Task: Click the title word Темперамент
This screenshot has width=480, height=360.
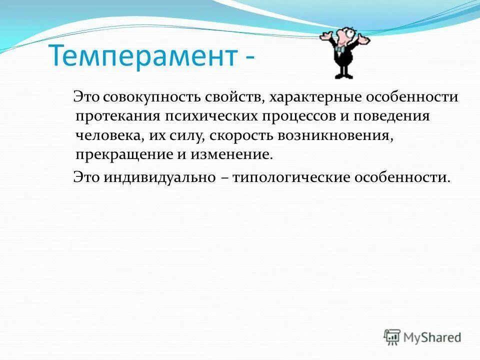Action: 142,57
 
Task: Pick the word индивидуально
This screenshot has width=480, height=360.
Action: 160,177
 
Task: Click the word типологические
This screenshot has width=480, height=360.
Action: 296,177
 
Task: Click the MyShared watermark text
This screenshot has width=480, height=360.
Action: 432,337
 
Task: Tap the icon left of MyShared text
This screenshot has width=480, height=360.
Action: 392,337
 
